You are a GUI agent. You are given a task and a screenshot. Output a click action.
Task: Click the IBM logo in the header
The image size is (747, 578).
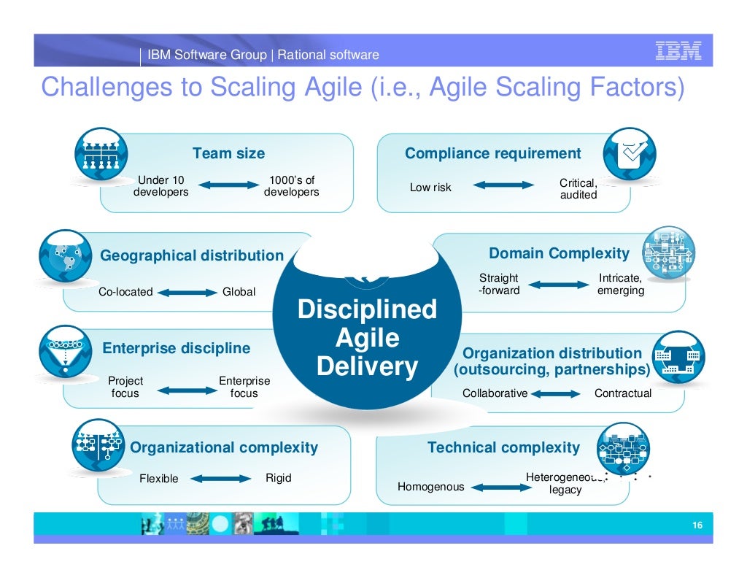(678, 50)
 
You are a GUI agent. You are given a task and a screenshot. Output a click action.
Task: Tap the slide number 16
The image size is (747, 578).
(697, 526)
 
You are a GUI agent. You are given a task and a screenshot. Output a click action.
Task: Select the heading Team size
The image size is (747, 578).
(228, 153)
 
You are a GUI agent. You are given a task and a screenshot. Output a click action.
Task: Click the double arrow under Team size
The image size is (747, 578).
(229, 185)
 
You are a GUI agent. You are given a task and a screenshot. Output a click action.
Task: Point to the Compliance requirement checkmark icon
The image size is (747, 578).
(630, 154)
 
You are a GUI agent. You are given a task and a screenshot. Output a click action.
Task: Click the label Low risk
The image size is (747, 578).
(430, 188)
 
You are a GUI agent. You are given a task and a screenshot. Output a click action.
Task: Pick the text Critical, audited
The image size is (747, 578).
(578, 189)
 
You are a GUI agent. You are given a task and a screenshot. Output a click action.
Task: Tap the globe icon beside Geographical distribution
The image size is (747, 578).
(65, 256)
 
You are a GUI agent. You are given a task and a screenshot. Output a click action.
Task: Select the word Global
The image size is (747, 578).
(239, 292)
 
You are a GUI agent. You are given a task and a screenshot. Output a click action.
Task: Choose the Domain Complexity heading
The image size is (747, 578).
(559, 253)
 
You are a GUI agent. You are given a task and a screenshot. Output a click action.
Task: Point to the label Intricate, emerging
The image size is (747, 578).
(621, 285)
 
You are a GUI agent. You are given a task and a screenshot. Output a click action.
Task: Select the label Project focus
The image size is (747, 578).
(125, 387)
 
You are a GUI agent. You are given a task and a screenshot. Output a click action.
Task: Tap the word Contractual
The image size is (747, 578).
(623, 393)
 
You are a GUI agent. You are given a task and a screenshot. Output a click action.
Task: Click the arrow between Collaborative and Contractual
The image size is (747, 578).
(560, 393)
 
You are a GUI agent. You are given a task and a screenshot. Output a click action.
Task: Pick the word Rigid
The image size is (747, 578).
(278, 478)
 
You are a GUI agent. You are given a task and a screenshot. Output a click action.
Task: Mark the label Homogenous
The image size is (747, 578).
(430, 487)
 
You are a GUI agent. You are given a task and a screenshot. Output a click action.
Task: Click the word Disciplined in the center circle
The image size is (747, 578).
(367, 309)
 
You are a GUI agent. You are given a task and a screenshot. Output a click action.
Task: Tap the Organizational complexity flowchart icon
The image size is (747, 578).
(98, 444)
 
